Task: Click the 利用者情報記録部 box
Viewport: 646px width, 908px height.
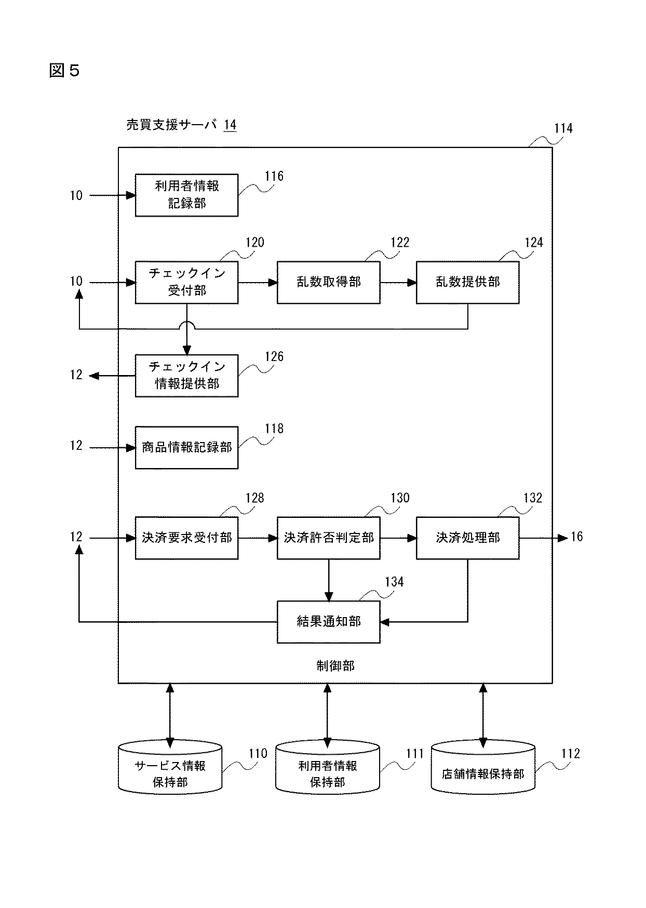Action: click(x=186, y=195)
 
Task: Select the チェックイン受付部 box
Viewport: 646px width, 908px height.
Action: click(x=186, y=282)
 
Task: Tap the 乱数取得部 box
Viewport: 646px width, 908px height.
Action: click(x=328, y=282)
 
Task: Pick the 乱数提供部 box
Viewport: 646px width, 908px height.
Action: click(x=467, y=282)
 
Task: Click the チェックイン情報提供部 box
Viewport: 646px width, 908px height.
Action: click(x=186, y=376)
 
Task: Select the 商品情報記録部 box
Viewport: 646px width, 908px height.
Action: click(x=186, y=447)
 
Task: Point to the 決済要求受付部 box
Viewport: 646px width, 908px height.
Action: click(x=186, y=538)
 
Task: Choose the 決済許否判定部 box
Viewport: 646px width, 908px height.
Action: click(x=328, y=538)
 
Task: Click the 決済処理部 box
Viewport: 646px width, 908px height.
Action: click(x=467, y=538)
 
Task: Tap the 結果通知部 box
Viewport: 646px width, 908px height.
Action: click(x=328, y=622)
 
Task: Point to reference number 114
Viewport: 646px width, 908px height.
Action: click(x=563, y=128)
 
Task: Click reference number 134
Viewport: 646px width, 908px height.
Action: click(x=394, y=582)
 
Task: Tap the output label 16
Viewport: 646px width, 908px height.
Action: click(x=577, y=537)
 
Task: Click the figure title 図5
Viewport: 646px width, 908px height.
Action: click(x=64, y=70)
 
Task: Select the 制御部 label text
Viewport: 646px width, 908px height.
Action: click(x=335, y=666)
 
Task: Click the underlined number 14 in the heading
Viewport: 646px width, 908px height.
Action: click(x=230, y=125)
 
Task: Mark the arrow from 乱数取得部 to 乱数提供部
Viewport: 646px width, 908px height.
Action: click(x=398, y=282)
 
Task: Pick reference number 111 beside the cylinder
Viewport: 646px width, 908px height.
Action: click(x=414, y=754)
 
